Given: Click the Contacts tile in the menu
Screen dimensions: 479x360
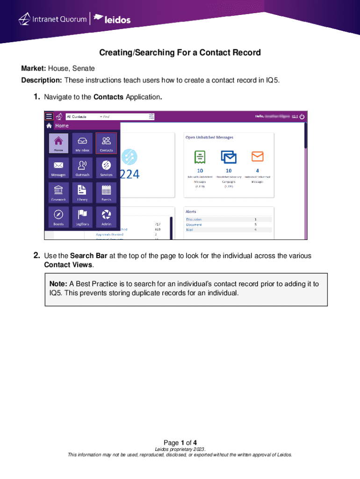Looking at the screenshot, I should (x=106, y=143).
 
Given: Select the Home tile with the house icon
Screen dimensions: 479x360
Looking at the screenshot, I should (x=58, y=143).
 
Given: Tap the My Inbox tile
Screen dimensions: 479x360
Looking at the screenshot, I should (x=82, y=143).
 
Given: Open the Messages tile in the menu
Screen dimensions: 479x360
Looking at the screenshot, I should (x=58, y=167).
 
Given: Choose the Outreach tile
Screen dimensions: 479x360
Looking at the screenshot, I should (x=82, y=167).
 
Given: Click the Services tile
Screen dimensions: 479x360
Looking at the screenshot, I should (x=106, y=167).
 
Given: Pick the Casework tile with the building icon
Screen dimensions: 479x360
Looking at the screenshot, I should (x=58, y=192).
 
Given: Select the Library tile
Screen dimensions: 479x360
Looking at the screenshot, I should (x=82, y=192).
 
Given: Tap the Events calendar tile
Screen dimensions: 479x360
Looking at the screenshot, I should (x=106, y=192).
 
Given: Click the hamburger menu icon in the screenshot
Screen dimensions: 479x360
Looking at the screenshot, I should (x=49, y=116).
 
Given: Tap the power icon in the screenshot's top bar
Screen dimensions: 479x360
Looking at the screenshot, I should (x=302, y=116).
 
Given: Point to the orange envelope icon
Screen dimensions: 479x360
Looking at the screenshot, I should (x=258, y=156).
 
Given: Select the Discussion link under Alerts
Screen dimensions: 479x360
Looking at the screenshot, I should (x=194, y=219).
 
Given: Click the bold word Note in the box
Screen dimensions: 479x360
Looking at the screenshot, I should (x=58, y=284).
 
